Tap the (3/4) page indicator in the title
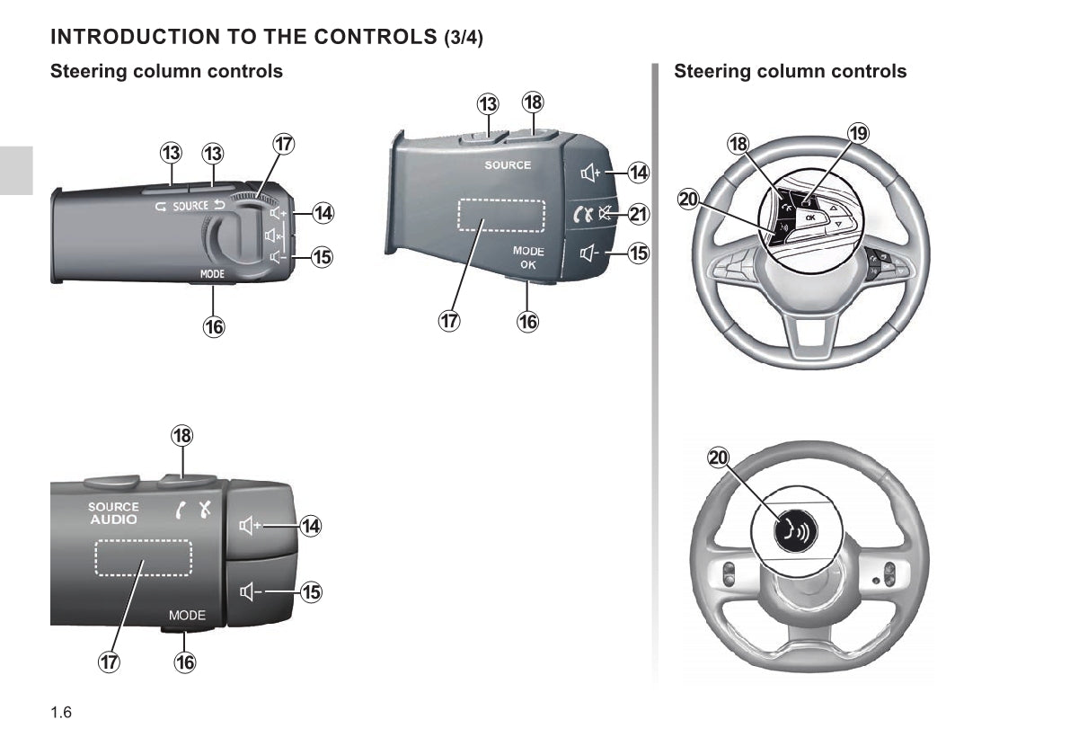pos(464,38)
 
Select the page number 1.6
pos(61,714)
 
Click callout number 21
pos(638,214)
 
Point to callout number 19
pos(858,134)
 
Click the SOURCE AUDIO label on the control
pos(113,513)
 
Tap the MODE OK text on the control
pos(528,258)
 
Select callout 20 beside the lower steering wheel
pos(719,458)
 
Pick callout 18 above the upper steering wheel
pos(738,144)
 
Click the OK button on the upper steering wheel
pos(809,218)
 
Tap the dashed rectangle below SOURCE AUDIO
pos(143,558)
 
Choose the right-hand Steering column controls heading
pos(790,71)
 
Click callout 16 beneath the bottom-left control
pos(184,662)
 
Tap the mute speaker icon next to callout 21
pos(608,214)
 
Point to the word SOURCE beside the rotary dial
pos(190,206)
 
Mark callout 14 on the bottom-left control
pos(310,526)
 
